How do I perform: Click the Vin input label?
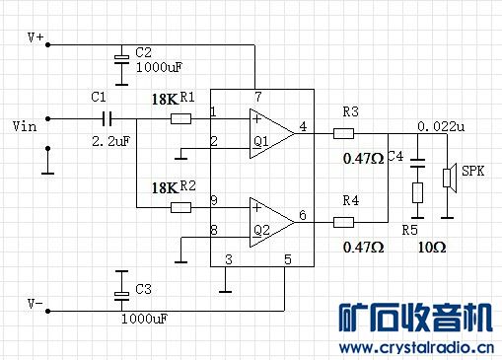click(x=24, y=126)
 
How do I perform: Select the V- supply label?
click(x=36, y=304)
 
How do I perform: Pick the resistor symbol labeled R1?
click(x=180, y=118)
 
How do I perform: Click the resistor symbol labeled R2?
click(x=180, y=207)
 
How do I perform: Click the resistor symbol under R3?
click(x=343, y=131)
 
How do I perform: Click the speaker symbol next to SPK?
click(x=449, y=177)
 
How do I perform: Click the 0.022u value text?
click(x=440, y=126)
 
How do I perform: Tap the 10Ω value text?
click(x=431, y=247)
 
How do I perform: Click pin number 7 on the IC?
click(x=257, y=97)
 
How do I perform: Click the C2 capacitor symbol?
click(x=121, y=59)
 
